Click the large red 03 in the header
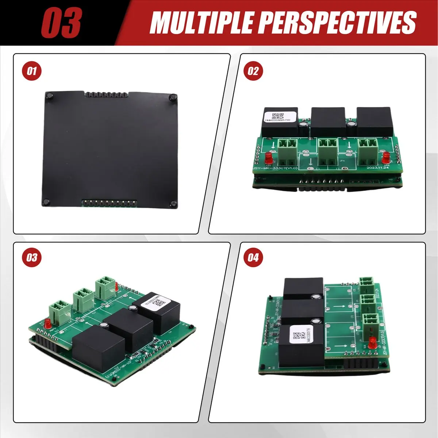[x=61, y=23]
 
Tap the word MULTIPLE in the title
[x=200, y=23]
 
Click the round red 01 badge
[x=32, y=71]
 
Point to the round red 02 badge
[x=253, y=71]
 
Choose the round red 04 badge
[x=253, y=258]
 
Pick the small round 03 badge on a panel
[x=32, y=258]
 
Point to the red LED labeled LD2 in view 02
[x=386, y=158]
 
